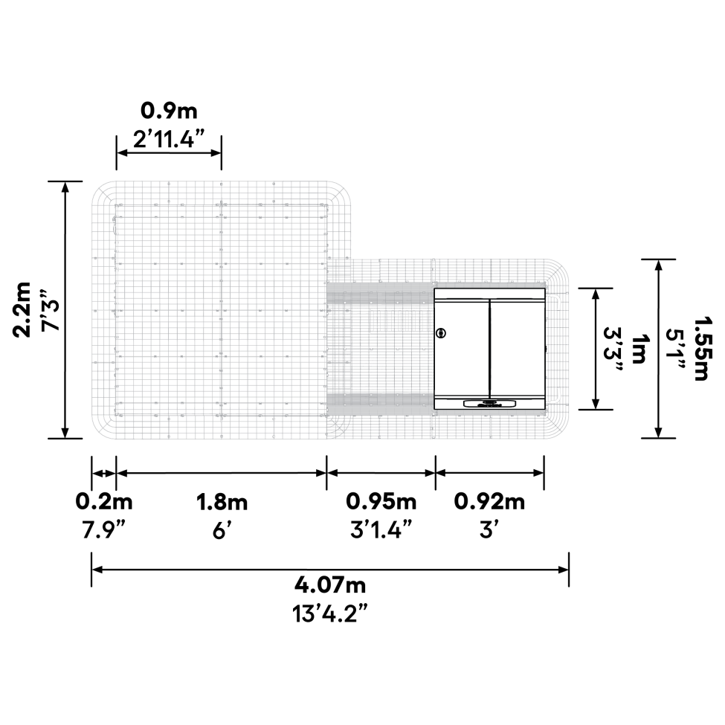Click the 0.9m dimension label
point(170,112)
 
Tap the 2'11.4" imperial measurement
point(170,138)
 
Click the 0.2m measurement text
point(104,502)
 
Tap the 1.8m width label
point(222,502)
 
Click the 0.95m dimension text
point(381,502)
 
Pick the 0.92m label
point(490,502)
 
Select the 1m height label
point(638,348)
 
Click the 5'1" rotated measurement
point(677,348)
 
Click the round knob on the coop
point(442,332)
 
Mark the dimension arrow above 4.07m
point(330,570)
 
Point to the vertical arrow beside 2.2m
point(65,309)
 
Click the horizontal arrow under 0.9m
point(170,152)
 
